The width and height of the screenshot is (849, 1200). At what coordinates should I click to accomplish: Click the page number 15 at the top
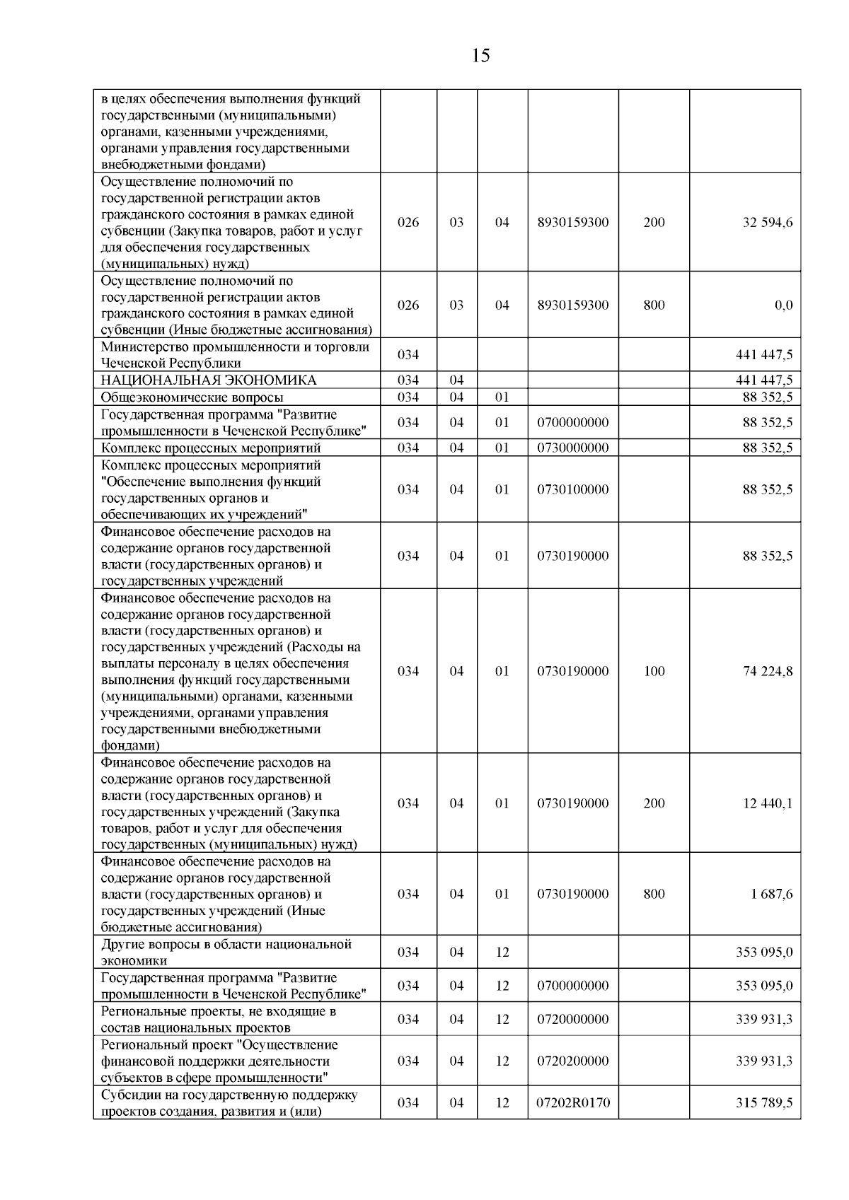pos(480,56)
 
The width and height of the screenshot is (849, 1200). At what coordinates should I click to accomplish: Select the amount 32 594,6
pos(768,222)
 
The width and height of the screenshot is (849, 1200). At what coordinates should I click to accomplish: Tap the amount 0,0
pos(783,305)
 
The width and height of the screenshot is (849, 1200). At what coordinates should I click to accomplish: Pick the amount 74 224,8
pos(768,671)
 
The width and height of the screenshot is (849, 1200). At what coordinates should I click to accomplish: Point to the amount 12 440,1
pos(768,803)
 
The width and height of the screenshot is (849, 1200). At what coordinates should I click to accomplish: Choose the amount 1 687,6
pos(772,894)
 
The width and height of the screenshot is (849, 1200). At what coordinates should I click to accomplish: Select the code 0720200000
pos(573,1061)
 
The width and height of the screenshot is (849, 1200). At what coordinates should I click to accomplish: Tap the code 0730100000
pos(573,489)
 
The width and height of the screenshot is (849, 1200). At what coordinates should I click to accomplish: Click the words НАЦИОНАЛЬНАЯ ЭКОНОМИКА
pos(209,380)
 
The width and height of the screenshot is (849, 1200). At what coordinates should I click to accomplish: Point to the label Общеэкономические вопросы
pos(192,397)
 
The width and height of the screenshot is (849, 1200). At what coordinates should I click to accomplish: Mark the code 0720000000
pos(573,1019)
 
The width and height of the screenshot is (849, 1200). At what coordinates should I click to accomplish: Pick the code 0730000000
pos(573,448)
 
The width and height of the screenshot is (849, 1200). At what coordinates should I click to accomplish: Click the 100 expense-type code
pos(654,671)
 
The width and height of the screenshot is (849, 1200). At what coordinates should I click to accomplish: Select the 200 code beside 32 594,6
pos(654,222)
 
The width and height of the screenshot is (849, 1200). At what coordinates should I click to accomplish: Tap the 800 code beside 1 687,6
pos(654,894)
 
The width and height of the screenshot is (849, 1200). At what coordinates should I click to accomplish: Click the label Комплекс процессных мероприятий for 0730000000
pos(211,448)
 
